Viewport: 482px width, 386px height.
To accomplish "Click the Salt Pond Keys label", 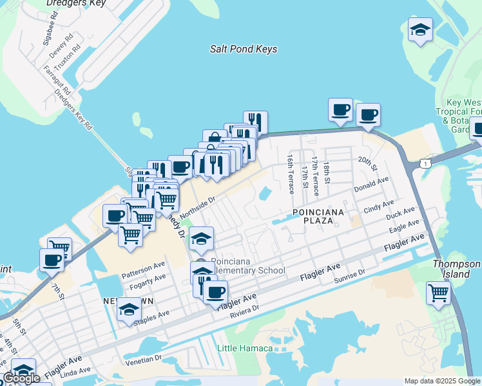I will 244,49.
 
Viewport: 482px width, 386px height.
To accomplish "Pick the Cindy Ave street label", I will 378,207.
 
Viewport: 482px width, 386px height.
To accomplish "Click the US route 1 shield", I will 426,165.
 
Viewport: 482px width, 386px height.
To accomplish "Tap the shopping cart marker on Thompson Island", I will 438,293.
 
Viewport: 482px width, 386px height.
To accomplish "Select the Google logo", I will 21,378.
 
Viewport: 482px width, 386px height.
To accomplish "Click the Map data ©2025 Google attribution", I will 442,381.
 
